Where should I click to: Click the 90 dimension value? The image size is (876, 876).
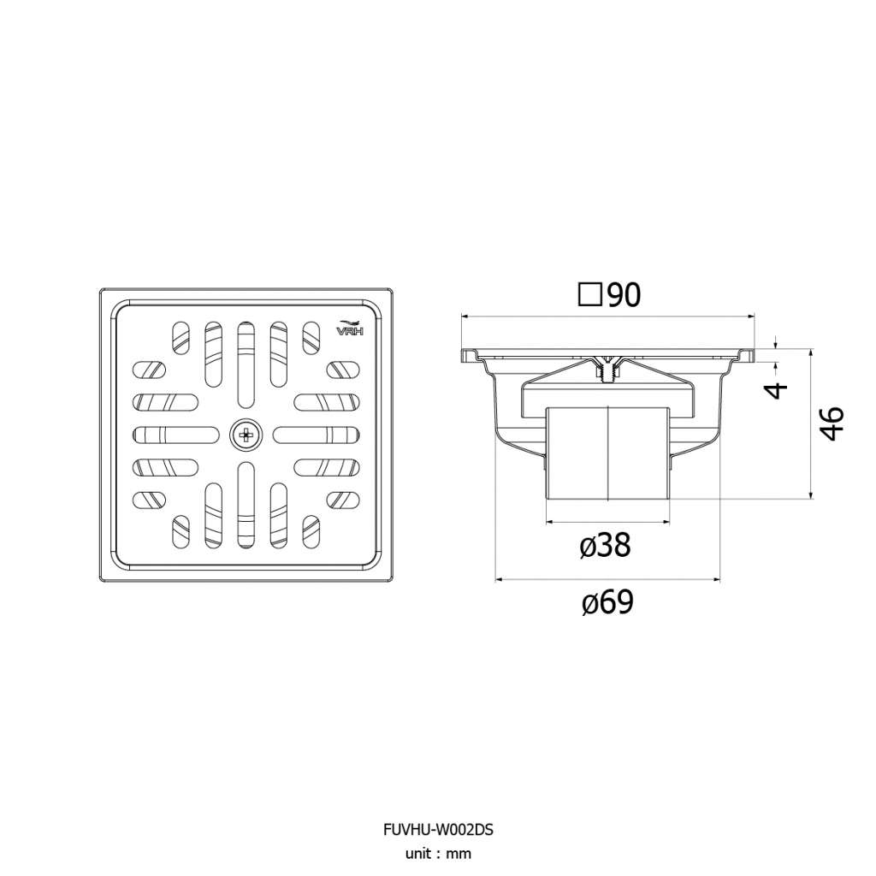tap(624, 295)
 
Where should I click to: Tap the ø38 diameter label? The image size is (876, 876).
tap(605, 545)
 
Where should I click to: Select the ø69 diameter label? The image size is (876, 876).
tap(607, 602)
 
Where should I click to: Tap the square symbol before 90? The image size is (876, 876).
tap(590, 295)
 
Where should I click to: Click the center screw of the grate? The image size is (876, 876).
tap(246, 434)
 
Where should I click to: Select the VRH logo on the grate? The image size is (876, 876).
tap(350, 328)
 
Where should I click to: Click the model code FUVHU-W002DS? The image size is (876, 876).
tap(438, 830)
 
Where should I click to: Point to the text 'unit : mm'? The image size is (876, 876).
tap(438, 854)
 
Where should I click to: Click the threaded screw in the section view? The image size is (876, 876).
tap(608, 370)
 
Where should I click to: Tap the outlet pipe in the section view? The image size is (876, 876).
tap(608, 453)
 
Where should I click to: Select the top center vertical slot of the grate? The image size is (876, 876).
tap(246, 364)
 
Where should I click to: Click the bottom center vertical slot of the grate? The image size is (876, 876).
tap(246, 505)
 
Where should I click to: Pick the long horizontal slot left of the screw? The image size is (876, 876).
tap(176, 434)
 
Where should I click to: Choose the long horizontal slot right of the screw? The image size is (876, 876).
tap(317, 434)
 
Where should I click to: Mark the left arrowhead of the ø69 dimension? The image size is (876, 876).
tap(500, 579)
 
